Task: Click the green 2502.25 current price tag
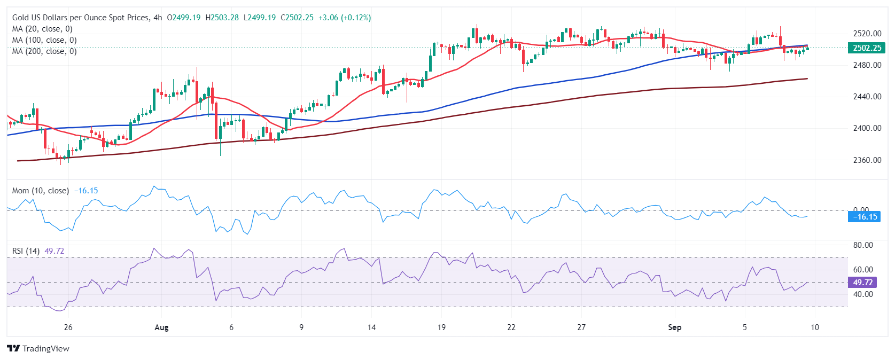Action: click(867, 48)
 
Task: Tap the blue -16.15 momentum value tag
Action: click(865, 217)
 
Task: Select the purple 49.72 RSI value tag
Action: click(862, 283)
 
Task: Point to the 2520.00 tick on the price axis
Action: click(867, 34)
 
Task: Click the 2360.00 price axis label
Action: click(867, 160)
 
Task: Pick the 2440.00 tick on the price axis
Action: click(867, 97)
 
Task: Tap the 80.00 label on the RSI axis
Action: click(863, 245)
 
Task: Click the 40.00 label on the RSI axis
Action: click(863, 294)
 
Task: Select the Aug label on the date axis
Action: click(161, 327)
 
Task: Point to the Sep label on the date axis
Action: click(675, 327)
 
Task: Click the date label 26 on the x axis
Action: click(68, 327)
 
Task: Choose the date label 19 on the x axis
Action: click(441, 327)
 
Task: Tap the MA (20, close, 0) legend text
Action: click(42, 29)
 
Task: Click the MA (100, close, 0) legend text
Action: click(44, 40)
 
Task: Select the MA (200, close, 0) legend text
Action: click(44, 51)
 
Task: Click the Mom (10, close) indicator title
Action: click(41, 191)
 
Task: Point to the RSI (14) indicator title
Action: click(26, 251)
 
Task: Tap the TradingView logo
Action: click(38, 349)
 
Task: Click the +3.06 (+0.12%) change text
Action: click(344, 18)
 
